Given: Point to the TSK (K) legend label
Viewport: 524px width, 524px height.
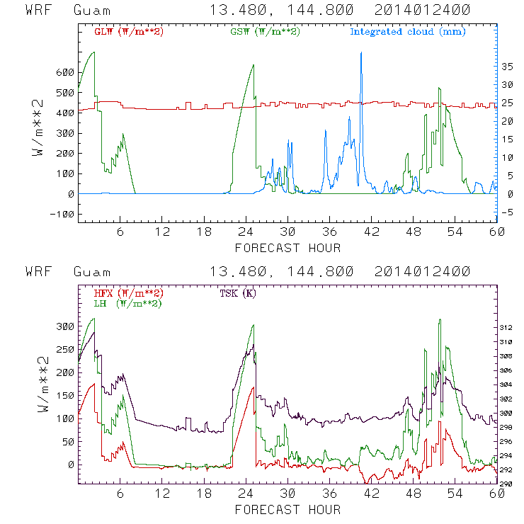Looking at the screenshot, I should tap(238, 293).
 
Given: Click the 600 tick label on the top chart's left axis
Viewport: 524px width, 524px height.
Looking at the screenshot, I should tap(64, 72).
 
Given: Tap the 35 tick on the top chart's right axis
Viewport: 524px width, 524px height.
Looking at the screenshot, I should tap(507, 66).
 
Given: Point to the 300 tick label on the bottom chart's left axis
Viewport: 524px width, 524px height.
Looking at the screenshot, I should tap(64, 326).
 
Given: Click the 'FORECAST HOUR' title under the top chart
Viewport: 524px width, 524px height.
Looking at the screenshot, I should tap(287, 248).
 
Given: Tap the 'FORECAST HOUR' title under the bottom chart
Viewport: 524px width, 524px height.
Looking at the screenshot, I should tap(287, 509).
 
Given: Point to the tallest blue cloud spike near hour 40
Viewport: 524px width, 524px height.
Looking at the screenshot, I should tap(361, 54).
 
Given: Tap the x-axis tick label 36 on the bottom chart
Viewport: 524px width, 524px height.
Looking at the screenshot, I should tap(329, 494).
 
